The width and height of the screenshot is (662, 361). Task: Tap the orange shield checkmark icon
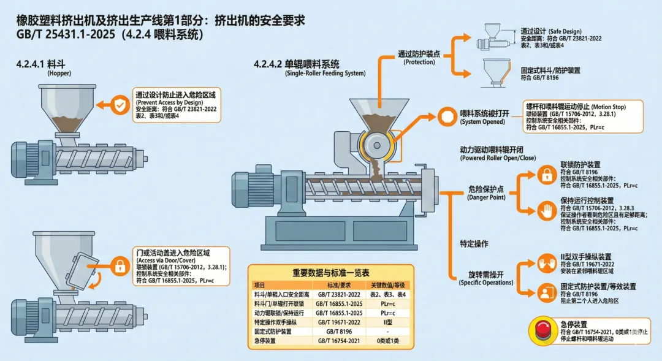click(x=119, y=105)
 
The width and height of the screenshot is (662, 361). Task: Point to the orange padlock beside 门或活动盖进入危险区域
click(x=119, y=266)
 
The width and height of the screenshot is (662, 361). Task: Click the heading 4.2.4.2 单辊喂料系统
click(x=297, y=64)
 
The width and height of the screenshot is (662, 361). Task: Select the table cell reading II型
click(x=387, y=321)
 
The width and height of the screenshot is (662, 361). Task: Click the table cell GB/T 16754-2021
click(x=337, y=341)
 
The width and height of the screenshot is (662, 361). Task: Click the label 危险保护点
click(x=486, y=189)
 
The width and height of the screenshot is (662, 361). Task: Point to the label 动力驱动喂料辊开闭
click(x=498, y=150)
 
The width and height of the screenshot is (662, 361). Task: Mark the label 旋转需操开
click(x=486, y=274)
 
